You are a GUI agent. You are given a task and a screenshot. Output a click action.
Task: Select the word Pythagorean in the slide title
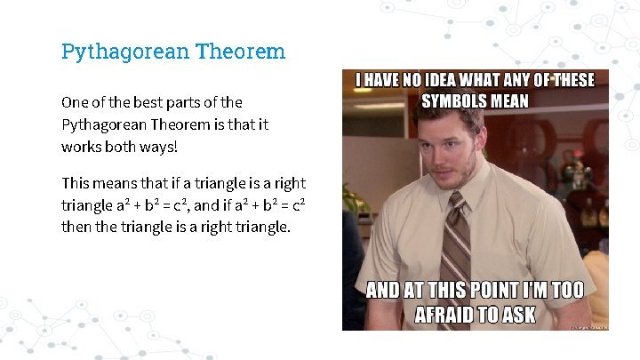[x=123, y=52]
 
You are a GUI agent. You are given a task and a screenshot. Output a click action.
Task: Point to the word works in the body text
[x=82, y=145]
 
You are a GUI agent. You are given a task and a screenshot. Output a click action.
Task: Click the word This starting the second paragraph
[x=76, y=183]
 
